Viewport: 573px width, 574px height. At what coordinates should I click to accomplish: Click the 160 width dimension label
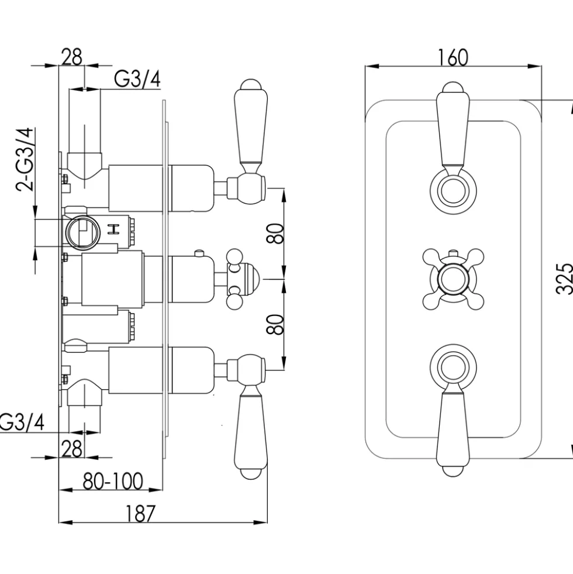coord(453,57)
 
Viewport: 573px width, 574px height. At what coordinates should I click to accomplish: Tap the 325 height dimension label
coord(564,278)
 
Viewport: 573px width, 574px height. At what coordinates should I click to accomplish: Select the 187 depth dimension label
coord(140,513)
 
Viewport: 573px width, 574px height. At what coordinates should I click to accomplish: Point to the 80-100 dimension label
coord(113,481)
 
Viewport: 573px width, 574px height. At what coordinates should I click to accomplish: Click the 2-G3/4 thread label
coord(25,159)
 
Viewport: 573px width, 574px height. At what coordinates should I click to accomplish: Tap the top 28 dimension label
coord(72,57)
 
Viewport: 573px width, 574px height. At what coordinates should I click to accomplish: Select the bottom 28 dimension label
coord(72,449)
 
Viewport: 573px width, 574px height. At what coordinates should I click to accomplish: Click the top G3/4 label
coord(137,79)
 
